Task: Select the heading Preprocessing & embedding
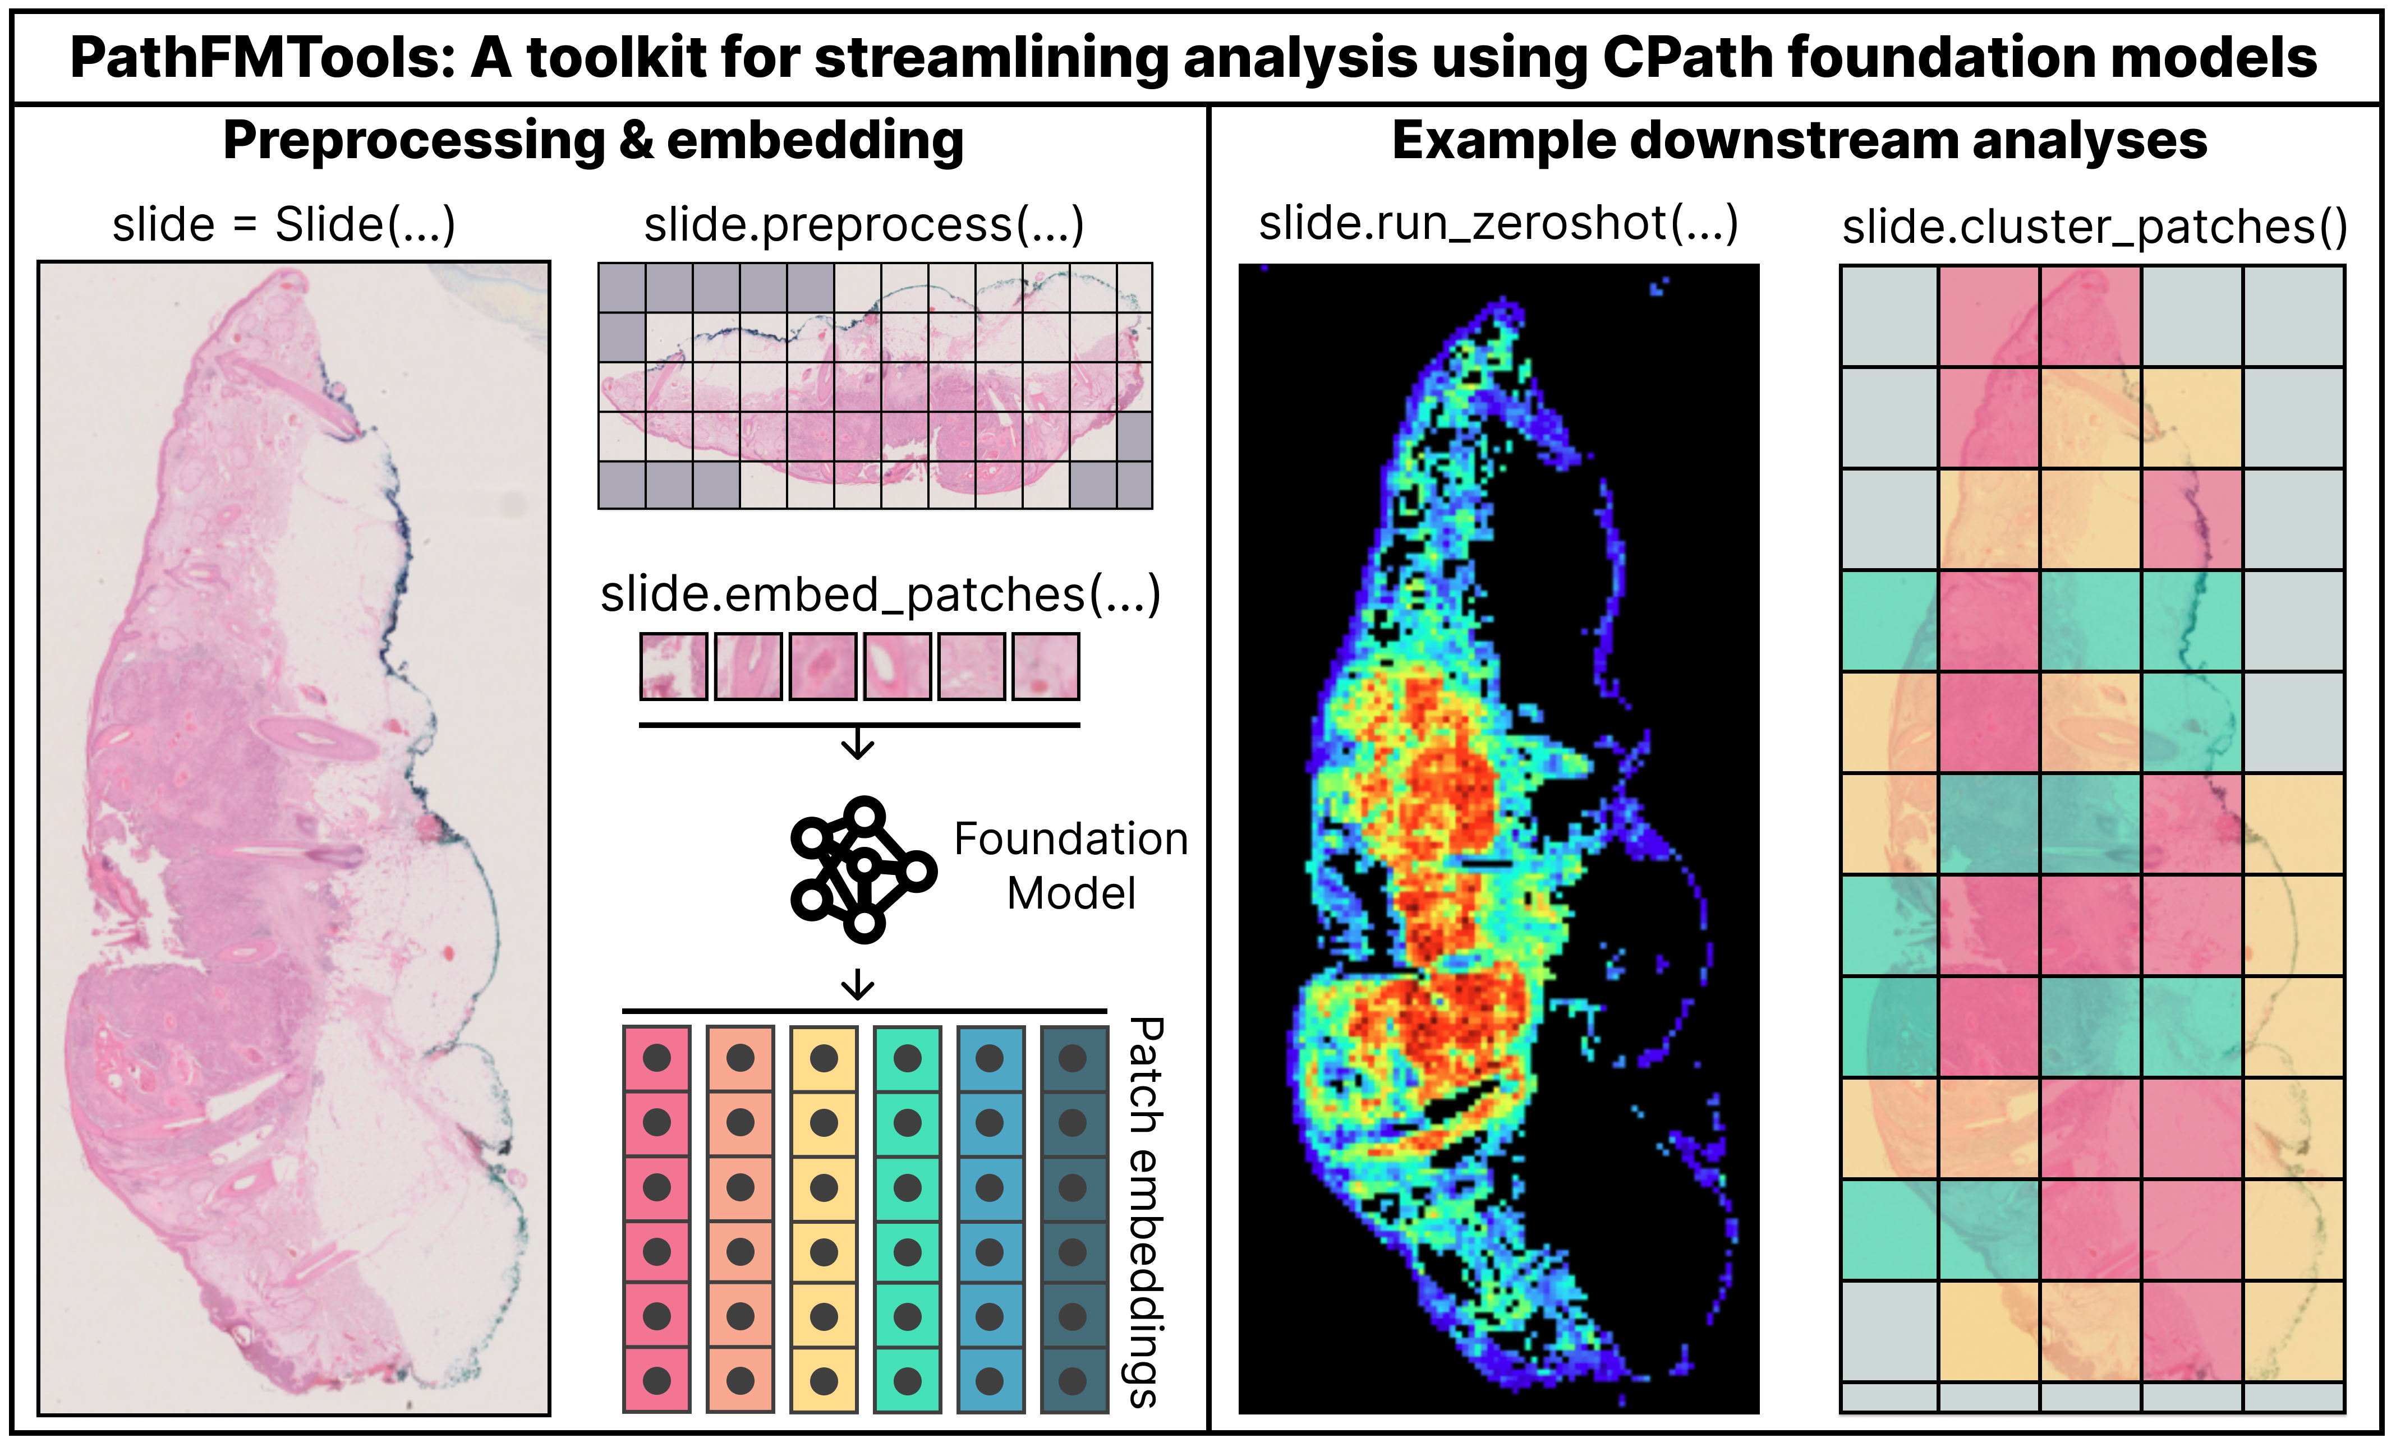tap(593, 141)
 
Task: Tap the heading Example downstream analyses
tap(1799, 141)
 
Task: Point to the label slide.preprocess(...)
tap(863, 225)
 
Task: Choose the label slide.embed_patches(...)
tap(880, 594)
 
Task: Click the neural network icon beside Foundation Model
tap(862, 868)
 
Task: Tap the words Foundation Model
tap(1070, 865)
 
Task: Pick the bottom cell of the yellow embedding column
tap(824, 1379)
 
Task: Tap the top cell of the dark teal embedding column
tap(1074, 1058)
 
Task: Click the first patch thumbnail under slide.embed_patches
tap(673, 666)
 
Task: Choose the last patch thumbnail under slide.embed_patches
tap(1045, 666)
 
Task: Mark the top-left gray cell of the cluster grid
tap(1889, 316)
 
